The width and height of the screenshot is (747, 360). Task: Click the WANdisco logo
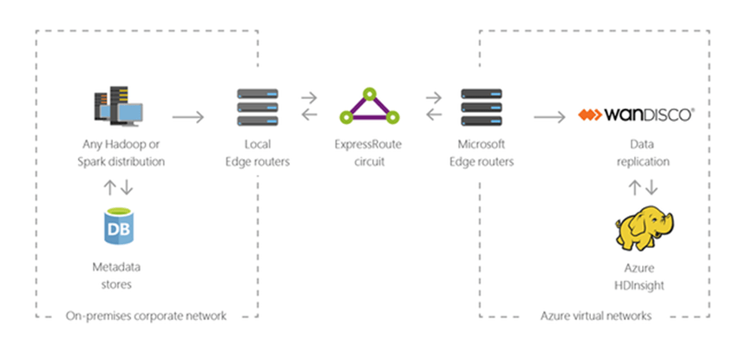[637, 115]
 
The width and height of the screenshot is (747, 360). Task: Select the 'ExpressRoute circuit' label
[370, 153]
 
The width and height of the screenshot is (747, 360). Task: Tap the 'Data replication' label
[639, 153]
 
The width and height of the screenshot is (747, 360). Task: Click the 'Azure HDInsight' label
[639, 277]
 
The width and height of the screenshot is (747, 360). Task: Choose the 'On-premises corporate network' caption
[146, 316]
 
